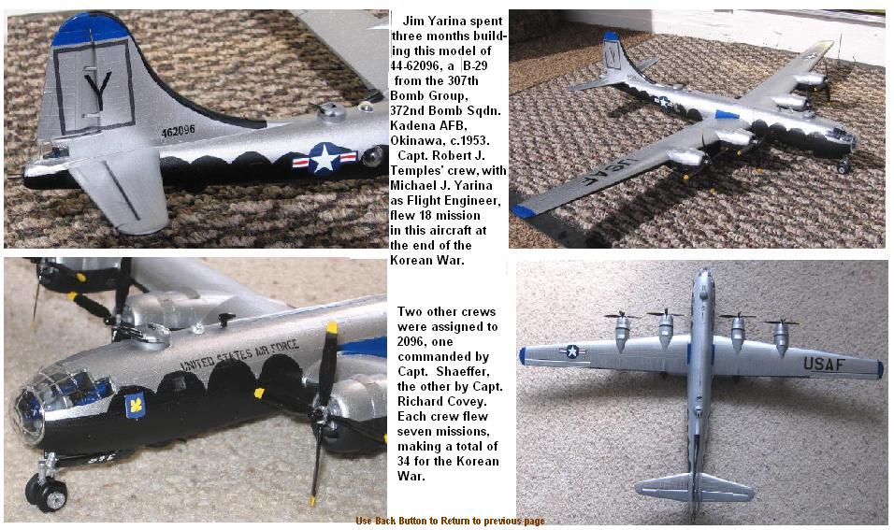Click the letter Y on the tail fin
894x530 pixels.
(x=97, y=91)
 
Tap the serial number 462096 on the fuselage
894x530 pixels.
(x=178, y=132)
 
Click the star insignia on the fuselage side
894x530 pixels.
(x=324, y=157)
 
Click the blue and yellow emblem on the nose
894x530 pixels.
(x=135, y=405)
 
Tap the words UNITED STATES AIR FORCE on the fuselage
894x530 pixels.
(x=239, y=355)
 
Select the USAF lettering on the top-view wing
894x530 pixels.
(x=824, y=364)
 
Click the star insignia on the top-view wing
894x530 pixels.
(x=572, y=351)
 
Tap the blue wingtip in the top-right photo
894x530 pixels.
(x=523, y=211)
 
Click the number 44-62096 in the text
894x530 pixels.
(x=416, y=65)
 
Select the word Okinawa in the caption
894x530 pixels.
(x=417, y=140)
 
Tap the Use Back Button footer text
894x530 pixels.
(x=450, y=521)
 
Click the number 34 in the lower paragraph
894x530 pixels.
(x=405, y=461)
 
